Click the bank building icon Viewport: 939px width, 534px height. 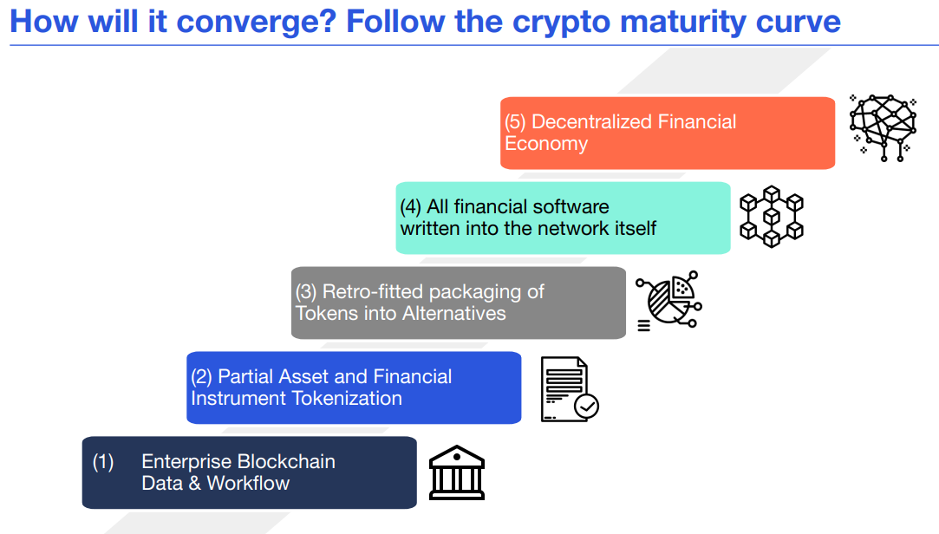coord(457,472)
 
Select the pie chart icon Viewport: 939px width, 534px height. coord(669,300)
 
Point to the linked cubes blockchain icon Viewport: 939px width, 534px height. coord(771,217)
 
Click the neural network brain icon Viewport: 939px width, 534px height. coord(882,127)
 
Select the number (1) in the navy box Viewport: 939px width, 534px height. coord(103,462)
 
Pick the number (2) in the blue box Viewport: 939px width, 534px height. coord(202,377)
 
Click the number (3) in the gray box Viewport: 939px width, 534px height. coord(306,292)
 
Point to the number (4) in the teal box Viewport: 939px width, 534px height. coord(410,207)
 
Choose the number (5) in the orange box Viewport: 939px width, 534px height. coord(516,122)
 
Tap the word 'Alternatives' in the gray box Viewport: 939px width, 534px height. coord(453,313)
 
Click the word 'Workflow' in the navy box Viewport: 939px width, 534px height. coord(248,483)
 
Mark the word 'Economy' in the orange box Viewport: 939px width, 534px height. coord(546,144)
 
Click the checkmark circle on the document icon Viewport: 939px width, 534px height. coord(587,405)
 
